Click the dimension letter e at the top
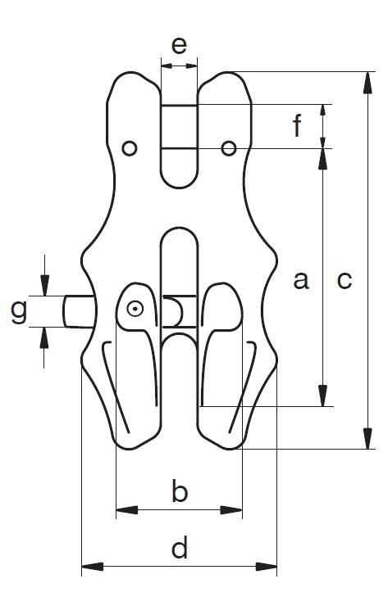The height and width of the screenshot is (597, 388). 179,45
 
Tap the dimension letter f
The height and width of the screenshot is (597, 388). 298,124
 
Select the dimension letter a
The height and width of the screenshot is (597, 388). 300,280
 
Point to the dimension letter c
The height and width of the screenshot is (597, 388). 345,281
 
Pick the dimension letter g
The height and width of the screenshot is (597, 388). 18,311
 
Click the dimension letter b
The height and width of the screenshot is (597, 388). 180,491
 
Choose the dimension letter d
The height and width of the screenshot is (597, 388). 180,547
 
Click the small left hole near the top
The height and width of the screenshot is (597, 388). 130,148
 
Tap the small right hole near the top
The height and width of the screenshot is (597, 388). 229,148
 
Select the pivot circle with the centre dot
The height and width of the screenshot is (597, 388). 135,310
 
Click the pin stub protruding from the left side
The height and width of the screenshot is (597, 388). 78,311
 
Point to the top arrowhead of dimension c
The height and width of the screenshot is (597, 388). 367,82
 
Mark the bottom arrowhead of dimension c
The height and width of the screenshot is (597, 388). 367,439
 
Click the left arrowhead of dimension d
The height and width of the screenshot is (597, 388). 93,566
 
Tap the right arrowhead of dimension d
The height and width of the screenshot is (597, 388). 267,566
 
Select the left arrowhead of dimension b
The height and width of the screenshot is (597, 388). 126,510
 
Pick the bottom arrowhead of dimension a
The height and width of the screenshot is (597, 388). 323,396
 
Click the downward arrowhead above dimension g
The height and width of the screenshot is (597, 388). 44,285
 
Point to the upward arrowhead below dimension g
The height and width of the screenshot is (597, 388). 44,337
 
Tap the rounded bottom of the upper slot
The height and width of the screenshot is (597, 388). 180,187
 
